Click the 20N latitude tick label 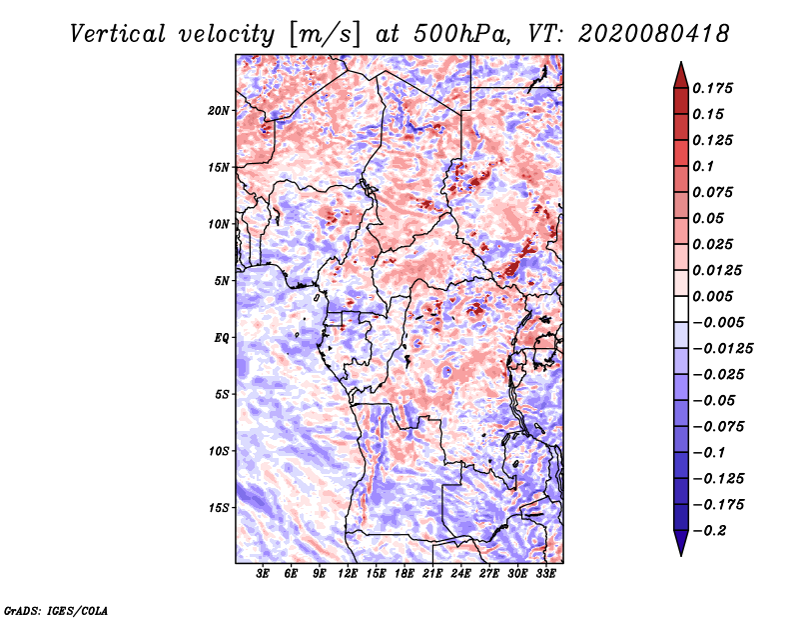point(219,111)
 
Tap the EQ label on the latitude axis point(222,338)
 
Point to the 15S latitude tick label point(219,508)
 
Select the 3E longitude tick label point(263,574)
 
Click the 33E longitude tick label point(545,574)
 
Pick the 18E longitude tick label point(404,574)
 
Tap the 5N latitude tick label point(222,281)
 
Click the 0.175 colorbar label point(712,88)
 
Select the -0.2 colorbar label point(709,531)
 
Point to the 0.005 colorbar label point(712,296)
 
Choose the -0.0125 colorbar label point(722,349)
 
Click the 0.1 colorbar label point(703,166)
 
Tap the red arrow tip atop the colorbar point(681,63)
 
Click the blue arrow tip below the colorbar point(681,555)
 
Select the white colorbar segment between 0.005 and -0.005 point(681,309)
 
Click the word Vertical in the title point(118,34)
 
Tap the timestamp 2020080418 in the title point(654,34)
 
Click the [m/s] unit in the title point(324,35)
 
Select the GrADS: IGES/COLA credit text point(56,611)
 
